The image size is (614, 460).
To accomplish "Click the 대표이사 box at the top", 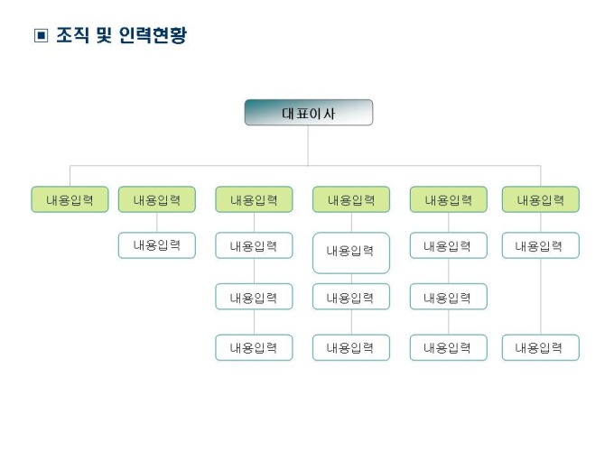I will pyautogui.click(x=308, y=113).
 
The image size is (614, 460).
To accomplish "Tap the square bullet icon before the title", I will pyautogui.click(x=40, y=37).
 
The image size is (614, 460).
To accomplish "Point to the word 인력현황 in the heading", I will pyautogui.click(x=153, y=37).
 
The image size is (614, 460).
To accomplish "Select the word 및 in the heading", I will pyautogui.click(x=104, y=37).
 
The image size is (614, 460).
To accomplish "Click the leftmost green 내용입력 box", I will pyautogui.click(x=70, y=199).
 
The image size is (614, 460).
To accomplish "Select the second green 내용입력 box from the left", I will pyautogui.click(x=156, y=199).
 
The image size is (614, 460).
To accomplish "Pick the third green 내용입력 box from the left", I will pyautogui.click(x=254, y=199).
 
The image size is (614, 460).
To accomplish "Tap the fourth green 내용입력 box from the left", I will pyautogui.click(x=351, y=199).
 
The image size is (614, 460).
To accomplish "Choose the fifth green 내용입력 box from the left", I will pyautogui.click(x=448, y=199).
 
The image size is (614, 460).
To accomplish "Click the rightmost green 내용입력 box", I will pyautogui.click(x=540, y=199).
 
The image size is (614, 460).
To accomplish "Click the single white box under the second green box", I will pyautogui.click(x=156, y=245).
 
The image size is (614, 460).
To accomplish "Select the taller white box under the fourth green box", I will pyautogui.click(x=351, y=253).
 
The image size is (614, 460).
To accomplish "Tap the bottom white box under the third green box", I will pyautogui.click(x=254, y=347).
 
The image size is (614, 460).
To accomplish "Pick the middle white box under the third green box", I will pyautogui.click(x=254, y=297).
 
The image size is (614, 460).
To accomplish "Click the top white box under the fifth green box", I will pyautogui.click(x=448, y=245).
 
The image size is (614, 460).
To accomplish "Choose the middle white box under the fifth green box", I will pyautogui.click(x=448, y=297).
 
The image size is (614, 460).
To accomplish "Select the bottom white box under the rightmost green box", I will pyautogui.click(x=540, y=347).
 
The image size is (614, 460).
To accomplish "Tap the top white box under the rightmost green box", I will pyautogui.click(x=540, y=245).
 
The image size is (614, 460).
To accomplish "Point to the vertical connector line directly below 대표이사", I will pyautogui.click(x=308, y=144).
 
